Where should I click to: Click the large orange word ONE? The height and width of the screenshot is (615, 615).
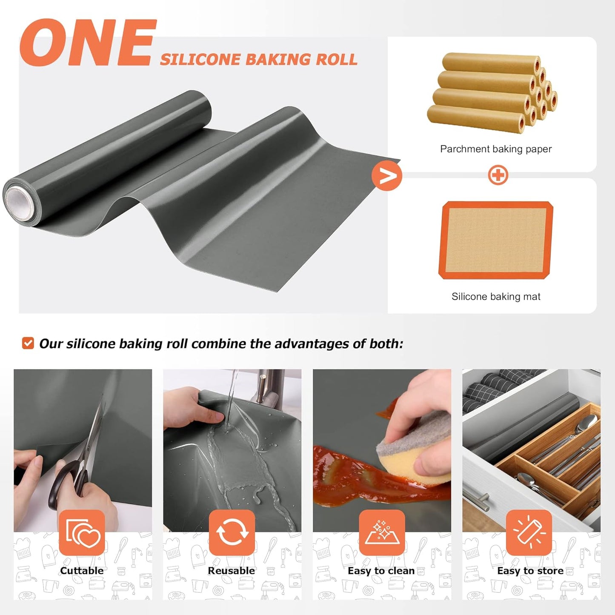tap(87, 43)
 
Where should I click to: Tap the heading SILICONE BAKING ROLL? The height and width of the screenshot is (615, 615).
tap(258, 60)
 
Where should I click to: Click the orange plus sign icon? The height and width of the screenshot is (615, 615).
tap(498, 175)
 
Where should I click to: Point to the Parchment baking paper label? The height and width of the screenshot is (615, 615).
tap(495, 149)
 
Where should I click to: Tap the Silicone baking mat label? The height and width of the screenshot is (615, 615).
tap(496, 297)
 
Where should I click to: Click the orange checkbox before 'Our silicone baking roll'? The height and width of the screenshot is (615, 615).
tap(28, 343)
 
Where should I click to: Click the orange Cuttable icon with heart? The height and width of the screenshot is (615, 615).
tap(82, 532)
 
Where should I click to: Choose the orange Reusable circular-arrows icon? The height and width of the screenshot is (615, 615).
tap(232, 532)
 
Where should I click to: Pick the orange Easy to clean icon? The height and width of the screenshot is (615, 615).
tap(381, 532)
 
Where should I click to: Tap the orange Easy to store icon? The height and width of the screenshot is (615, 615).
tap(529, 532)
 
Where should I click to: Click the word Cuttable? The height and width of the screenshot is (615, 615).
tap(82, 571)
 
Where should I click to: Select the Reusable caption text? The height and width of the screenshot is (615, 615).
tap(231, 571)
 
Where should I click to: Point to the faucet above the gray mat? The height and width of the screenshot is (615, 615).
tap(268, 385)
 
